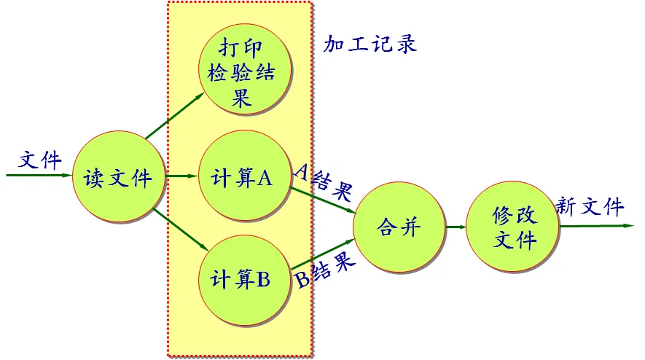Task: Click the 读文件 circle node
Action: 120,177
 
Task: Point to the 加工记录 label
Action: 370,44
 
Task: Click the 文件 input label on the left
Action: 41,160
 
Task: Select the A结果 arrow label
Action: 323,181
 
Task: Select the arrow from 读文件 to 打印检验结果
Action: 175,116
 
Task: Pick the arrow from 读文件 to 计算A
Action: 181,176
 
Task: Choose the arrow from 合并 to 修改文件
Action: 456,227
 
